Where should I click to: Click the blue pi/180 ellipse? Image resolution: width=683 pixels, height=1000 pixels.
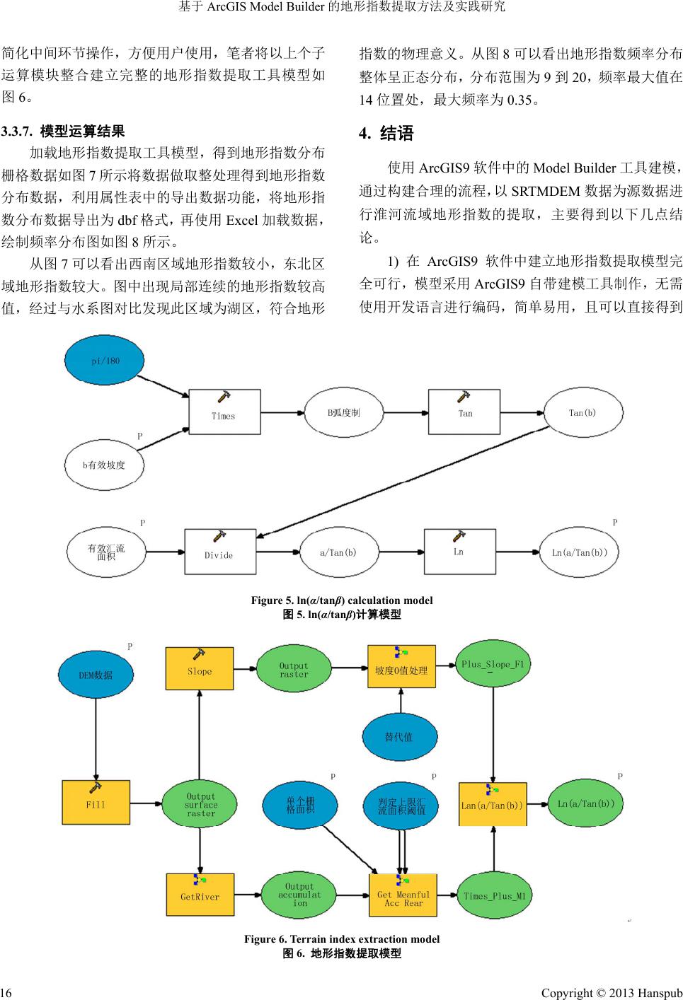point(105,361)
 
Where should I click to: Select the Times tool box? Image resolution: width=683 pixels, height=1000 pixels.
point(224,411)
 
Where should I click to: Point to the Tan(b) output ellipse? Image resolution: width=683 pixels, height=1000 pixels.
point(582,413)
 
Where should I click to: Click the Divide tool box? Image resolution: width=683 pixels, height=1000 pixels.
point(219,552)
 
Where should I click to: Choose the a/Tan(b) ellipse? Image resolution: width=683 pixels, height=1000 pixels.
point(338,552)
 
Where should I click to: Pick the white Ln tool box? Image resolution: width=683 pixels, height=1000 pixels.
point(459,551)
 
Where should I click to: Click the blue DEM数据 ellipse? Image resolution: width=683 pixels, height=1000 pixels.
point(96,675)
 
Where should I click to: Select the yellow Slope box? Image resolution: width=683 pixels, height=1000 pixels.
point(200,668)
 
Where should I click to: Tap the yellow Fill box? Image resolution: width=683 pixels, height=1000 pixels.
point(96,802)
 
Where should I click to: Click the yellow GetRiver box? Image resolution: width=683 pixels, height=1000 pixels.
point(200,894)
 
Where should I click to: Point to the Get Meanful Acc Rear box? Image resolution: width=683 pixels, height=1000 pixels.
point(403,895)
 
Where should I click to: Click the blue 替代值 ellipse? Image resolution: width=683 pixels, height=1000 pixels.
point(399,737)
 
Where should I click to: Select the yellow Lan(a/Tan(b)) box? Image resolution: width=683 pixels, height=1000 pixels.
point(493,804)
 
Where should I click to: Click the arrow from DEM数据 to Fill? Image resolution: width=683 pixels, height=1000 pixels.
point(96,736)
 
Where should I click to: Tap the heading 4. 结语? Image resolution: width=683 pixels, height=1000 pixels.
point(386,134)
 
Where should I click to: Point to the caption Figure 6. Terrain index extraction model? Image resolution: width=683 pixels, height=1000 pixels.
point(342,939)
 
